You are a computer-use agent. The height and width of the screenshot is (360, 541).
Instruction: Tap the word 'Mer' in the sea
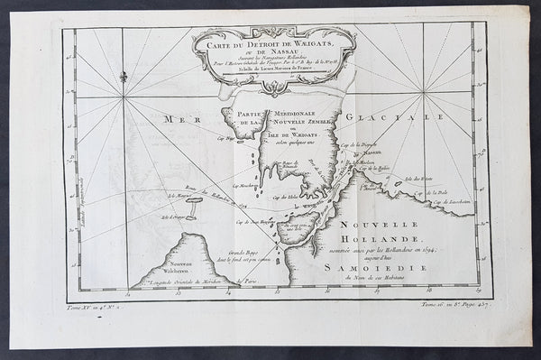170,119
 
